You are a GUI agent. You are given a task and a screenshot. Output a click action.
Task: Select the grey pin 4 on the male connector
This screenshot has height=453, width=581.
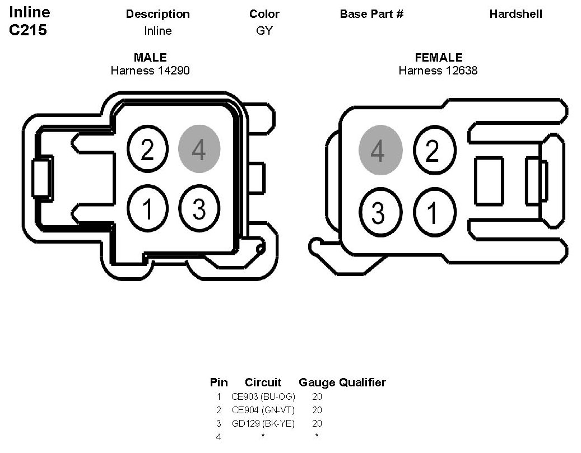tap(199, 149)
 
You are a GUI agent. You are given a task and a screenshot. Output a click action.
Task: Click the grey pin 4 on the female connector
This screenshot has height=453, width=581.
tap(380, 150)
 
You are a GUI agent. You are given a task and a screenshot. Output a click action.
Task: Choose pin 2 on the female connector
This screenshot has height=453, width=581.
tap(432, 150)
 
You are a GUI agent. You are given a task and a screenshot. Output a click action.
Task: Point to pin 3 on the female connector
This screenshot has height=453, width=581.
tap(379, 212)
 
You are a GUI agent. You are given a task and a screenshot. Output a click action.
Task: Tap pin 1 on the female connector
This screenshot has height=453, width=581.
tap(432, 212)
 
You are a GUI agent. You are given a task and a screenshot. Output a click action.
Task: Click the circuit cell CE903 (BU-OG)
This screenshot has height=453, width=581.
tap(263, 396)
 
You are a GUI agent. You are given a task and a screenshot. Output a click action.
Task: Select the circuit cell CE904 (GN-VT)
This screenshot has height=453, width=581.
tap(263, 410)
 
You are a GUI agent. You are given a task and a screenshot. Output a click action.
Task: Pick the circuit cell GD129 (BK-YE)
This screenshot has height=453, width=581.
tap(263, 423)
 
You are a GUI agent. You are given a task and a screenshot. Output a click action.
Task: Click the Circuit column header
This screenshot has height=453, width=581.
tap(263, 382)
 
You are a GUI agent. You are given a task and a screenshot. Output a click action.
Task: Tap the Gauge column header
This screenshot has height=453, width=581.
tap(317, 382)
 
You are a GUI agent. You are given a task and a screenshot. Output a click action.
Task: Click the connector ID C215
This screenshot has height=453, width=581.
tap(28, 31)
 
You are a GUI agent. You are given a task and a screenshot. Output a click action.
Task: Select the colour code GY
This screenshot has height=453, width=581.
tap(264, 31)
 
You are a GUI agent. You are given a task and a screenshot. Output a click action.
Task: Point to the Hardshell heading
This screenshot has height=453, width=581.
tap(515, 14)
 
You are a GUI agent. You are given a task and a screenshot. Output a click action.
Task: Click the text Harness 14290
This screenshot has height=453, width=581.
tap(150, 71)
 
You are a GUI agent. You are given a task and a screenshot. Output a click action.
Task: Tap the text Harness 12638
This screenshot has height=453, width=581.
tap(438, 71)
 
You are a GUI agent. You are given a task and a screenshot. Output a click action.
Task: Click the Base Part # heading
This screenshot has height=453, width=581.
tap(371, 14)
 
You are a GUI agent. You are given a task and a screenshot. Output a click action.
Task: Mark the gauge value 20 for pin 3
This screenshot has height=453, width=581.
tap(317, 423)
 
